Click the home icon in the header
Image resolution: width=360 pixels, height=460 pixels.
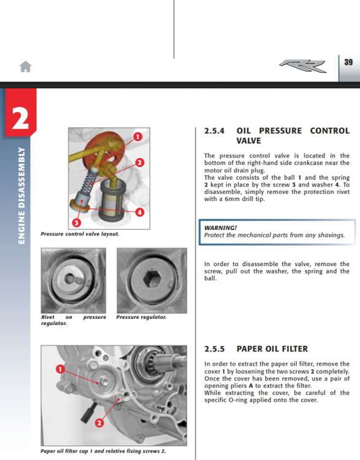(x=26, y=67)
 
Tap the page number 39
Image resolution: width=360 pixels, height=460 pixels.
(x=348, y=62)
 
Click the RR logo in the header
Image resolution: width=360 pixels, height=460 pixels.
(x=302, y=66)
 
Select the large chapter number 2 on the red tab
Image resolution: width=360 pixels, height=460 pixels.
(x=20, y=118)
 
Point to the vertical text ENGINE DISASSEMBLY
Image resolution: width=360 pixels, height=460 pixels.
(x=21, y=196)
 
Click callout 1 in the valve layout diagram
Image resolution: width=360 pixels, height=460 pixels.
(x=137, y=137)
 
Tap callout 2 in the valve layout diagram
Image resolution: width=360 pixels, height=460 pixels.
(x=140, y=163)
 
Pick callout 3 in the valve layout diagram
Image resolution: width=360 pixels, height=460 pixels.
(x=76, y=223)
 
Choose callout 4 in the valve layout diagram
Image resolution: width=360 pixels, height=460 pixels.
(x=140, y=212)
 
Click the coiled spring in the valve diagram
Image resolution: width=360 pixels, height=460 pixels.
(x=88, y=182)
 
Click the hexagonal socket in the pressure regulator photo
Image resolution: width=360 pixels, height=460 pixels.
(x=152, y=279)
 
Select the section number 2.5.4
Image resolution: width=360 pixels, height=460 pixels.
(x=215, y=131)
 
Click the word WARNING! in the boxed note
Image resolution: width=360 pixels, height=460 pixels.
(x=220, y=228)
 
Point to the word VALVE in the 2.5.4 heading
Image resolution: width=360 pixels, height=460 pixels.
(x=248, y=141)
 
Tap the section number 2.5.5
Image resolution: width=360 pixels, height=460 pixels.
(x=215, y=349)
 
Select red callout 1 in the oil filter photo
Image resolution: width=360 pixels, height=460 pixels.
(x=60, y=369)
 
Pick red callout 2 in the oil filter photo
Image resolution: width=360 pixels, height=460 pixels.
(x=99, y=423)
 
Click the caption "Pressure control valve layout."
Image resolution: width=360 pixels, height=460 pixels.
(x=80, y=234)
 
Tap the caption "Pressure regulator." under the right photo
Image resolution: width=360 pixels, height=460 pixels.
(x=142, y=318)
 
